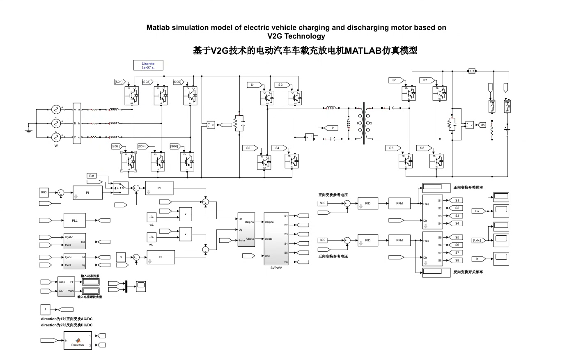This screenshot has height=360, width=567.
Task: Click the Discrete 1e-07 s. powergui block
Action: tap(148, 65)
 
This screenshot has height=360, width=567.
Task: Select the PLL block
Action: tap(75, 220)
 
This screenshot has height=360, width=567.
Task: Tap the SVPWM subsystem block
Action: tap(276, 238)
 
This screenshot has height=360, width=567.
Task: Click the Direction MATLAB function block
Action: tap(78, 341)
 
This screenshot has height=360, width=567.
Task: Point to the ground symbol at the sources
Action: tap(29, 131)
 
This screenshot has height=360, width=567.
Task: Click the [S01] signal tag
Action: tap(119, 82)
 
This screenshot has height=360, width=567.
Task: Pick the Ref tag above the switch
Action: tap(92, 176)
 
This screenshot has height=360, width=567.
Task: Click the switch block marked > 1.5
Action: tap(120, 188)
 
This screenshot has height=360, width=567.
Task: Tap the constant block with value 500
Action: tap(323, 203)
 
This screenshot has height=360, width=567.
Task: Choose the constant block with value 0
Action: tap(121, 257)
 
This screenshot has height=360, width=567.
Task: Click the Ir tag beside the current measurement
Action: tap(333, 128)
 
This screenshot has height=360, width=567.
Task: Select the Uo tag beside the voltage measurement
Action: tap(482, 125)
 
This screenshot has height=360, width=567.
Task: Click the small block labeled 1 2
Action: tap(472, 71)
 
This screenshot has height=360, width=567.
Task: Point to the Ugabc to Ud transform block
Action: tap(74, 241)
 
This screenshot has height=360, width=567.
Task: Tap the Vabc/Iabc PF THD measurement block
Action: tap(66, 287)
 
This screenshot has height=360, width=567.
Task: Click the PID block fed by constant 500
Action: tap(367, 203)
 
